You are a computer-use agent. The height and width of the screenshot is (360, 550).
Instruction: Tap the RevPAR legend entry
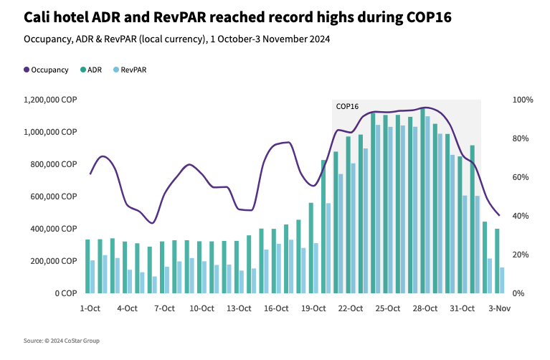point(133,70)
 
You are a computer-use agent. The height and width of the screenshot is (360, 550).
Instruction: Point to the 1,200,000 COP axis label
point(51,100)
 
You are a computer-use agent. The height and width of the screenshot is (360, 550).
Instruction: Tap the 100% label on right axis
point(523,100)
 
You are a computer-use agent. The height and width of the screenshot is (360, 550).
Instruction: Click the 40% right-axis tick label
point(521,216)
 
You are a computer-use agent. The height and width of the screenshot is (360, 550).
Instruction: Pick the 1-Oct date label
point(90,308)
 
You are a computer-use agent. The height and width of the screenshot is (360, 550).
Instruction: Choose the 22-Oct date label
point(351,308)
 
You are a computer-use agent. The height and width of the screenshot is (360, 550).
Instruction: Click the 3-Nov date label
point(499,308)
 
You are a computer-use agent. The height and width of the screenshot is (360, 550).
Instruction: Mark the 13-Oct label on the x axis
point(239,308)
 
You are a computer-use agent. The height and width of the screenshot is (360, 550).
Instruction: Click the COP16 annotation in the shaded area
point(347,106)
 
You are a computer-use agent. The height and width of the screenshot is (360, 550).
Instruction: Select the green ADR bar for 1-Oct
point(87,266)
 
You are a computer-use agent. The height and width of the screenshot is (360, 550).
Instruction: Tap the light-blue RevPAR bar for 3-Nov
point(502,280)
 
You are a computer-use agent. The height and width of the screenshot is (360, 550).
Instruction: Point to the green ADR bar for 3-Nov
point(496,261)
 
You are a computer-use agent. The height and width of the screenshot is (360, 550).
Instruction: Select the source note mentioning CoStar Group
point(61,341)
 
